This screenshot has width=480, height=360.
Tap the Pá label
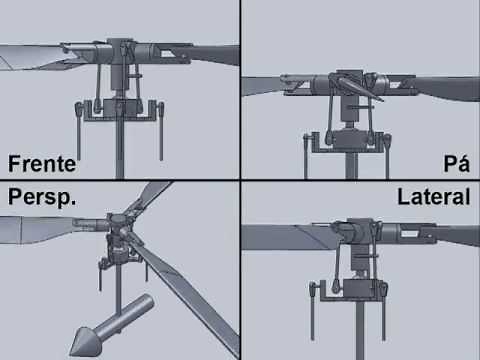tap(456, 164)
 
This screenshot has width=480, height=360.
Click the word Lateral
tap(433, 196)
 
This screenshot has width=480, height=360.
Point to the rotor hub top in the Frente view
tap(121, 46)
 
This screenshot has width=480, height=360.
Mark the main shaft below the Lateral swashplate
tap(355, 330)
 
